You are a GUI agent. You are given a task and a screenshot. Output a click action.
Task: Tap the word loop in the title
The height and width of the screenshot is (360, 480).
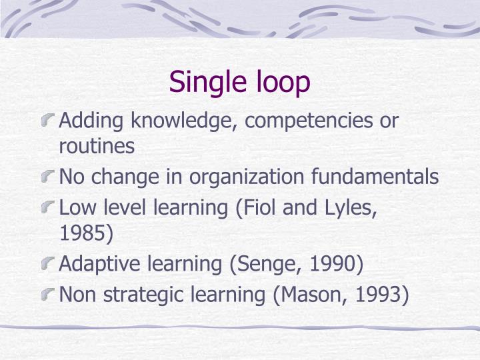283,83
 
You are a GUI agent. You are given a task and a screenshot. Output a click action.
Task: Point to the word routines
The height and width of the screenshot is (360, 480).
97,147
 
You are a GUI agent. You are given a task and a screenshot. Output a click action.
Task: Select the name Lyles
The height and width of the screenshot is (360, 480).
353,207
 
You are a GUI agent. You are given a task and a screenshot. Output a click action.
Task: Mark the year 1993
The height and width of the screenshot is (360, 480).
380,294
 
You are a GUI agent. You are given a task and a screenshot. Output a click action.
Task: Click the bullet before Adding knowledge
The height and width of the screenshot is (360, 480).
49,121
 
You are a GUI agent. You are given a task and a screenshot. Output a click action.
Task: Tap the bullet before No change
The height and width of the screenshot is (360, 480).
49,177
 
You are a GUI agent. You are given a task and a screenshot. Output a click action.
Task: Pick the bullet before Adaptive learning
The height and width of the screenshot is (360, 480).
49,264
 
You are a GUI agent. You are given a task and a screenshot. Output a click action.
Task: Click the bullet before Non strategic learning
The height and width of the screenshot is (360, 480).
49,294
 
